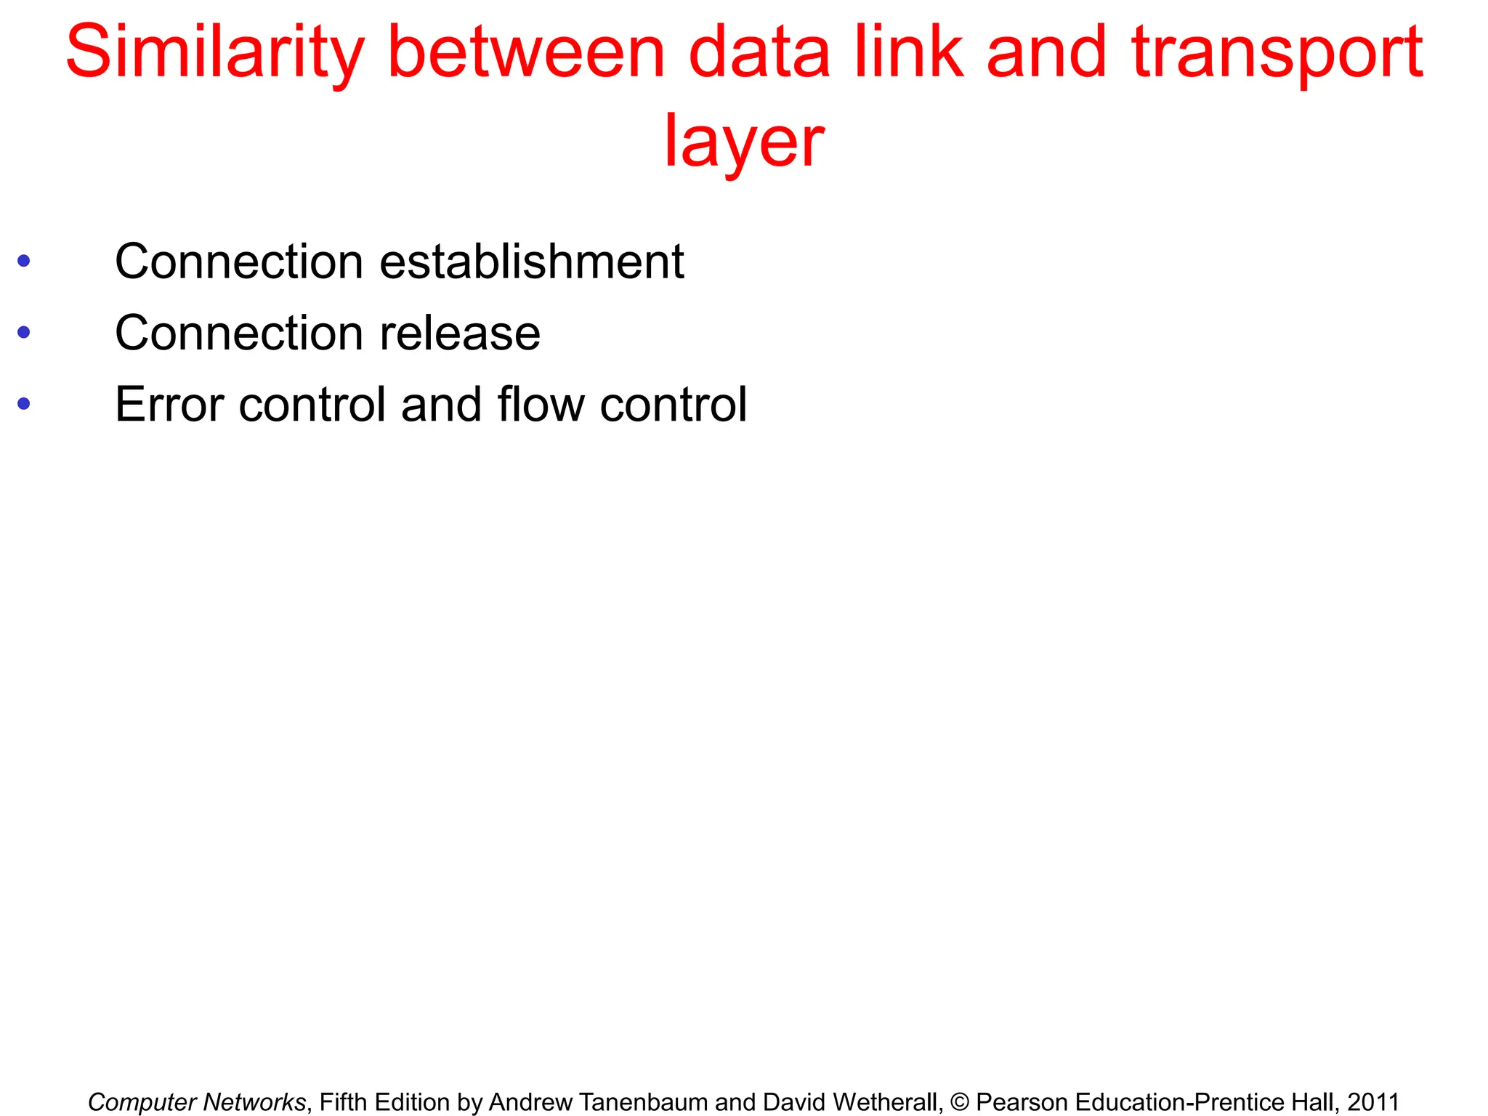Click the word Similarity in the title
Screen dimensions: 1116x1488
(x=214, y=53)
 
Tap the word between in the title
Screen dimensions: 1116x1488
(x=526, y=53)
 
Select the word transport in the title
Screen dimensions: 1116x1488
(x=1277, y=53)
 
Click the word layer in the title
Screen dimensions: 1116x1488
(x=743, y=142)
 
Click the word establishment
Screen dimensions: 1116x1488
(x=531, y=262)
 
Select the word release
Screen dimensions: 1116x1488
(x=460, y=333)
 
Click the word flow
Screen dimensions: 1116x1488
(x=541, y=405)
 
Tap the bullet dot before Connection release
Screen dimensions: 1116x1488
(x=24, y=333)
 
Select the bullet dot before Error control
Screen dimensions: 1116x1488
(x=24, y=404)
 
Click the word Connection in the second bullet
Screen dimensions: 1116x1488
(x=239, y=333)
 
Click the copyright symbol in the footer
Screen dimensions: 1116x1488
(x=959, y=1102)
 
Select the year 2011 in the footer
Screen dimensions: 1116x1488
(x=1373, y=1102)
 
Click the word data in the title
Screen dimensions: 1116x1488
(x=759, y=53)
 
